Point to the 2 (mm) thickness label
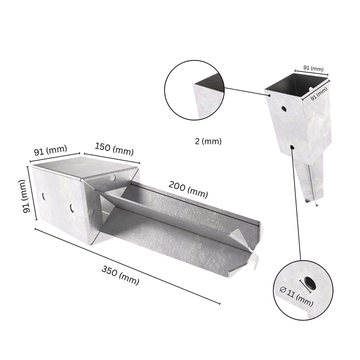click(208, 141)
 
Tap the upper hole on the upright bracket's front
click(283, 108)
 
